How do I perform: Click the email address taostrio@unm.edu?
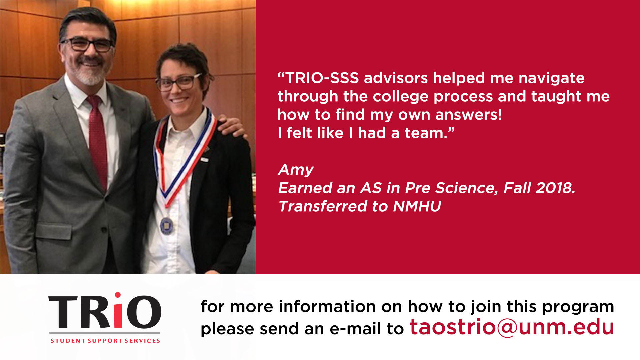[x=512, y=327]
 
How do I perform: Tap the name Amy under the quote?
[x=296, y=170]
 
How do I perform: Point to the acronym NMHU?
[x=417, y=206]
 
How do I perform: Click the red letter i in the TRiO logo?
[x=118, y=310]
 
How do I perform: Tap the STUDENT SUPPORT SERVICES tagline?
[x=105, y=341]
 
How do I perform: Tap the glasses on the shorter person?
[x=179, y=82]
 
